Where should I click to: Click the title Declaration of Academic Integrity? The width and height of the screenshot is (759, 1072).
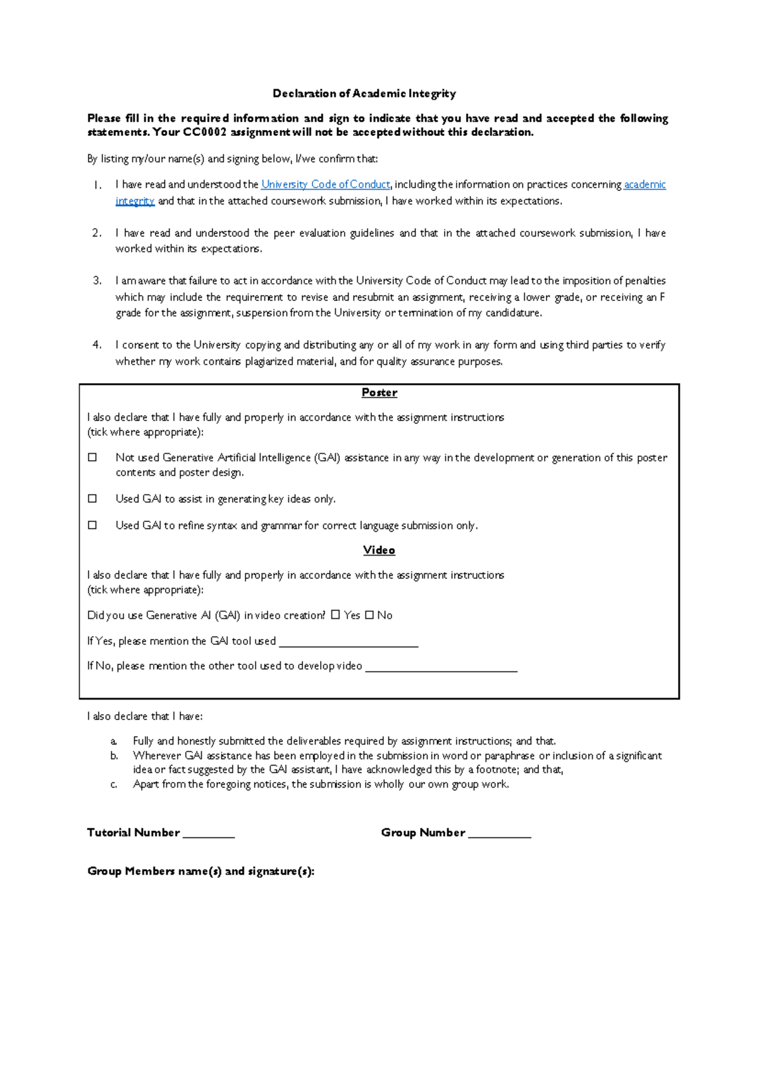pyautogui.click(x=364, y=94)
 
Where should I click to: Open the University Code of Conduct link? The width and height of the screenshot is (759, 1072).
pyautogui.click(x=325, y=185)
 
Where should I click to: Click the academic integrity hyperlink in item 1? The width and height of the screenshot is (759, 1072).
pyautogui.click(x=645, y=185)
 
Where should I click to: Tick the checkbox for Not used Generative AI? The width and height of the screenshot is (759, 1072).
pyautogui.click(x=92, y=457)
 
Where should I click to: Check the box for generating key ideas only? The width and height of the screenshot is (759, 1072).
pyautogui.click(x=92, y=499)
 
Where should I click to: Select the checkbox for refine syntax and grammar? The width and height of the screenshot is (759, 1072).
pyautogui.click(x=92, y=525)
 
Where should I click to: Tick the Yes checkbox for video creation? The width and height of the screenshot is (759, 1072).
pyautogui.click(x=335, y=615)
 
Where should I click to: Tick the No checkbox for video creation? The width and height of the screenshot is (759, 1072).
pyautogui.click(x=369, y=615)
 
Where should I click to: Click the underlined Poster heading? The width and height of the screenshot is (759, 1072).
pyautogui.click(x=379, y=393)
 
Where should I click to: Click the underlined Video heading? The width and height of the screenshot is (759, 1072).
pyautogui.click(x=379, y=551)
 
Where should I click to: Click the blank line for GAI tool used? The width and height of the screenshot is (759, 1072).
pyautogui.click(x=349, y=643)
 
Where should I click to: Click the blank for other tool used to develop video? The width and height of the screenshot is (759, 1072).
pyautogui.click(x=441, y=667)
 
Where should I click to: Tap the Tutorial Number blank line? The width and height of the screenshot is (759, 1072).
pyautogui.click(x=209, y=834)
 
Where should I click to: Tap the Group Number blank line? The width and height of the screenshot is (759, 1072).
pyautogui.click(x=500, y=834)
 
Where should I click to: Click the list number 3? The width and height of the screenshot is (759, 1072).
pyautogui.click(x=97, y=281)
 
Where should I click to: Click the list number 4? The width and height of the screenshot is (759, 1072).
pyautogui.click(x=97, y=345)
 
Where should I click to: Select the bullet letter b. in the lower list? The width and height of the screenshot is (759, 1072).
pyautogui.click(x=114, y=756)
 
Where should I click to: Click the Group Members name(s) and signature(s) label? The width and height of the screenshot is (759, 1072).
pyautogui.click(x=201, y=871)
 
